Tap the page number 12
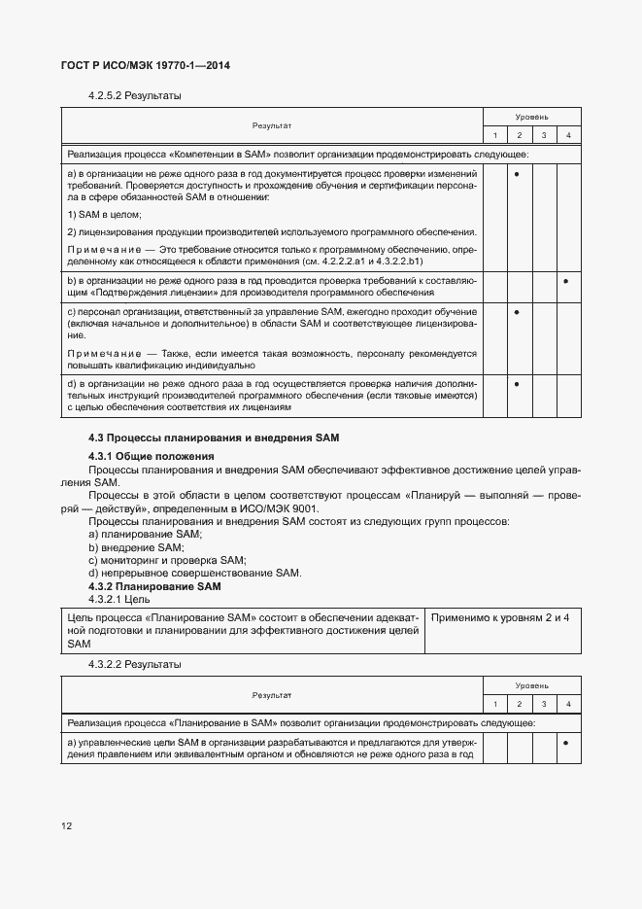point(66,826)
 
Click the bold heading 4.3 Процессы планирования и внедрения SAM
point(213,438)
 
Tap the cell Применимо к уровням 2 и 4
point(500,617)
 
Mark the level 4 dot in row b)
point(567,282)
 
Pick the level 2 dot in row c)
point(519,312)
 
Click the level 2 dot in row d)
point(519,385)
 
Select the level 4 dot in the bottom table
point(567,743)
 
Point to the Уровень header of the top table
point(531,116)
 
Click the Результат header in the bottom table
point(272,695)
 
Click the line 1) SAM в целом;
point(105,214)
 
